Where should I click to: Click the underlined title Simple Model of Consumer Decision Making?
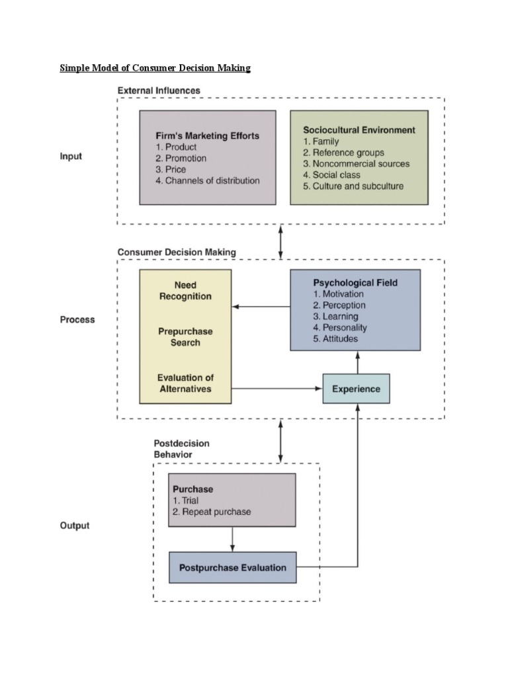[x=155, y=68]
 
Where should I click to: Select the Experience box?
[x=356, y=389]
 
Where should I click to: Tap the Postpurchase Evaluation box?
[x=232, y=567]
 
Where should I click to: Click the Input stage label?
[x=71, y=157]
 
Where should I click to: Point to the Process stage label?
[x=77, y=319]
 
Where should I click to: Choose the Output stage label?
[x=75, y=526]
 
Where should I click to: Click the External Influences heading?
[x=159, y=90]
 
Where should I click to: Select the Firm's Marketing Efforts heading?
[x=208, y=136]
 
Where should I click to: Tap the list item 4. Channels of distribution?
[x=208, y=180]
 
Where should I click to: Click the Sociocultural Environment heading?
[x=359, y=130]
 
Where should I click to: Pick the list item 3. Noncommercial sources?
[x=357, y=163]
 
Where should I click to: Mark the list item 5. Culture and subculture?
[x=353, y=186]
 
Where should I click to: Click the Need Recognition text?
[x=185, y=291]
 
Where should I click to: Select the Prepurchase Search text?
[x=185, y=337]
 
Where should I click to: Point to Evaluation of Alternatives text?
[x=185, y=383]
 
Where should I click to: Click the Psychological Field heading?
[x=355, y=282]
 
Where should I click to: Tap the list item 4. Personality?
[x=340, y=327]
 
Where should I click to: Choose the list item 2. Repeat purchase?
[x=212, y=512]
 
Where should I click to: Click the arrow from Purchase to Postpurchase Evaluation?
[x=232, y=539]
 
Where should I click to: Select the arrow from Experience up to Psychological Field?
[x=358, y=362]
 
